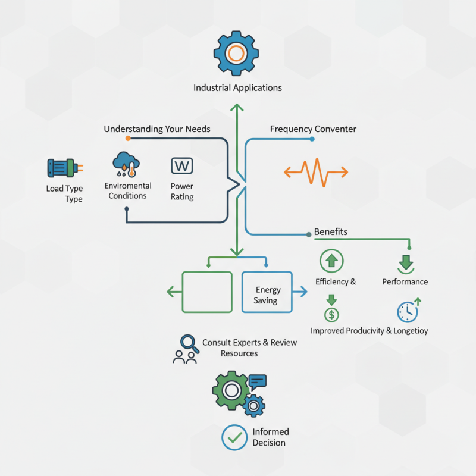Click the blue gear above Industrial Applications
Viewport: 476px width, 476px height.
(x=237, y=54)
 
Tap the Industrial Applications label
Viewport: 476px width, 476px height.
(x=237, y=88)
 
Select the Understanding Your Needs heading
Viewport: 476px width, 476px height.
(x=157, y=129)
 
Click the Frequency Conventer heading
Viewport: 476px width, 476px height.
(x=313, y=129)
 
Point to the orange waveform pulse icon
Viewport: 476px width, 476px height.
(x=315, y=173)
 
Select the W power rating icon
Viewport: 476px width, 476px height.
(x=181, y=165)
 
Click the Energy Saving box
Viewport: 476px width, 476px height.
(x=267, y=292)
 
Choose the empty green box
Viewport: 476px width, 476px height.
(x=206, y=292)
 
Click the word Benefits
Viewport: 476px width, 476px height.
(x=331, y=231)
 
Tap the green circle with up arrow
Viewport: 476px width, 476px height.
(x=331, y=261)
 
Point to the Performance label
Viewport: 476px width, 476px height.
(x=405, y=282)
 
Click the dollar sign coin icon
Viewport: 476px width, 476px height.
(x=331, y=314)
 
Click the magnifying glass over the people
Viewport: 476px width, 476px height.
(x=190, y=343)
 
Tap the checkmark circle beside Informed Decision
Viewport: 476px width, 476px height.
(x=234, y=437)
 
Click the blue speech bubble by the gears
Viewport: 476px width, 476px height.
(x=258, y=381)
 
